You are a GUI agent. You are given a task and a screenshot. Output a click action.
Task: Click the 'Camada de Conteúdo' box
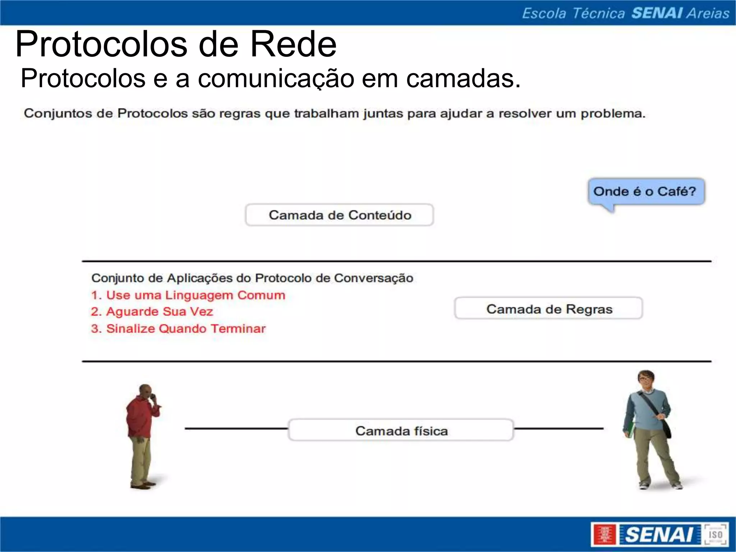click(x=340, y=215)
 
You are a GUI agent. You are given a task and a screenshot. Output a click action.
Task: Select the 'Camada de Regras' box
click(x=548, y=308)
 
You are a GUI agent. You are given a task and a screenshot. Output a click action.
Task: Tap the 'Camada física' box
click(x=401, y=430)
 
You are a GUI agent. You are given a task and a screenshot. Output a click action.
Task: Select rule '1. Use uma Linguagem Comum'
click(x=188, y=295)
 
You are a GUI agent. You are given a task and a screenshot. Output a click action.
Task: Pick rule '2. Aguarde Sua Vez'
click(x=152, y=312)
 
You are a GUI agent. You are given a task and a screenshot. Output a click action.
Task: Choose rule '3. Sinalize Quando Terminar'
click(x=178, y=328)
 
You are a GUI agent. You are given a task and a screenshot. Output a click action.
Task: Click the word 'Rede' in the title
click(x=293, y=45)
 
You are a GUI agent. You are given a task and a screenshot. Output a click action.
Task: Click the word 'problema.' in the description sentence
click(x=613, y=114)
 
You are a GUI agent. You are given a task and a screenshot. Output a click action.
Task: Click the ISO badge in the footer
click(x=715, y=535)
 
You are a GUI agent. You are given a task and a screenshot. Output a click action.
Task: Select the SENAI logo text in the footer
click(x=659, y=535)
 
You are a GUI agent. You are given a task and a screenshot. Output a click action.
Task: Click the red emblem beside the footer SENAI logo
click(x=604, y=535)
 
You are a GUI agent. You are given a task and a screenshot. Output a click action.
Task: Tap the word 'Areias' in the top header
click(x=708, y=13)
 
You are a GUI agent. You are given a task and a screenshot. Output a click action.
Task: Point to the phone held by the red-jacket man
click(x=153, y=396)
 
